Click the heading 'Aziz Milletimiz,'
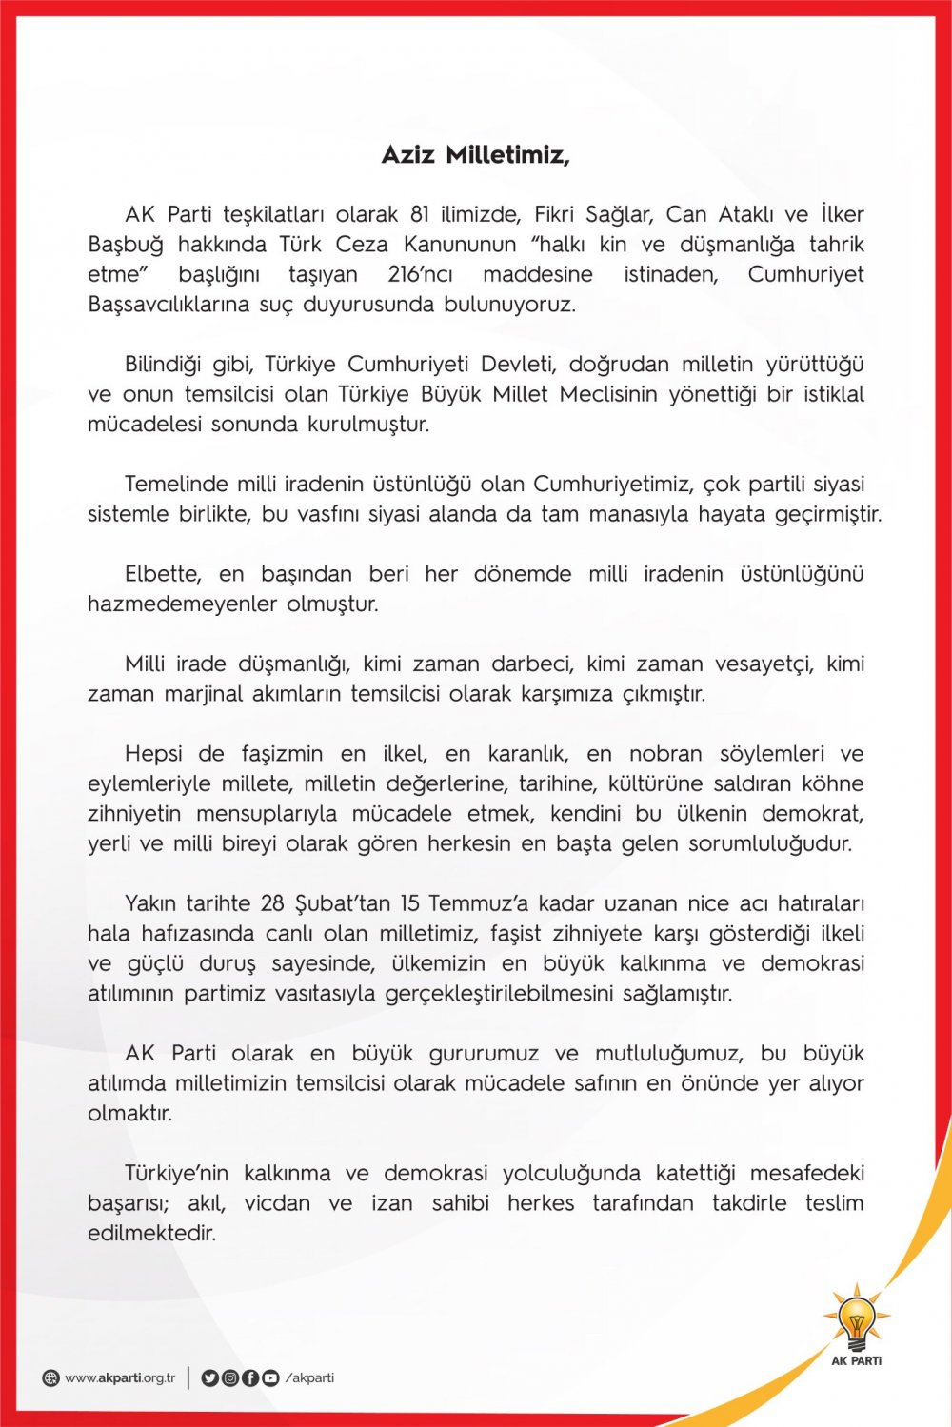pyautogui.click(x=475, y=154)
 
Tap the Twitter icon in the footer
pyautogui.click(x=209, y=1377)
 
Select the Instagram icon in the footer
pyautogui.click(x=229, y=1377)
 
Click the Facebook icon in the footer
pyautogui.click(x=249, y=1377)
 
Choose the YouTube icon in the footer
pyautogui.click(x=270, y=1377)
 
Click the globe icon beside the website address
pyautogui.click(x=50, y=1378)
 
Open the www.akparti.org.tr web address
pyautogui.click(x=120, y=1377)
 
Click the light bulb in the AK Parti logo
pyautogui.click(x=856, y=1319)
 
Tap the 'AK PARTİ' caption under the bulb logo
pyautogui.click(x=856, y=1360)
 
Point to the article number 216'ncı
pyautogui.click(x=420, y=274)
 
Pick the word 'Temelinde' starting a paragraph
pyautogui.click(x=176, y=485)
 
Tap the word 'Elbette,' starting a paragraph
pyautogui.click(x=163, y=574)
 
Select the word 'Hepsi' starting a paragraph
pyautogui.click(x=154, y=754)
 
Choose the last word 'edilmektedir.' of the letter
pyautogui.click(x=151, y=1233)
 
